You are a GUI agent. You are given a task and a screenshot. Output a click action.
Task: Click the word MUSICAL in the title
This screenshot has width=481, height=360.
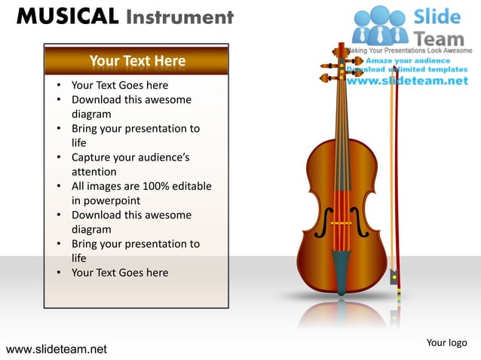tap(66, 17)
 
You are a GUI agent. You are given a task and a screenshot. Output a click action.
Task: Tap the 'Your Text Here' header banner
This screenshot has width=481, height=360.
tap(136, 60)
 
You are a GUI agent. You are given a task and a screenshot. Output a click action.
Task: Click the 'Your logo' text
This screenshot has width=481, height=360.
tap(446, 343)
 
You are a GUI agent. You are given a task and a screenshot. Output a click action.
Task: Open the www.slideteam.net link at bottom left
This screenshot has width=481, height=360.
tap(57, 349)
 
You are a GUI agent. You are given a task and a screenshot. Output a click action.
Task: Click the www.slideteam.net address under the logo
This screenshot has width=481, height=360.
tap(407, 81)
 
